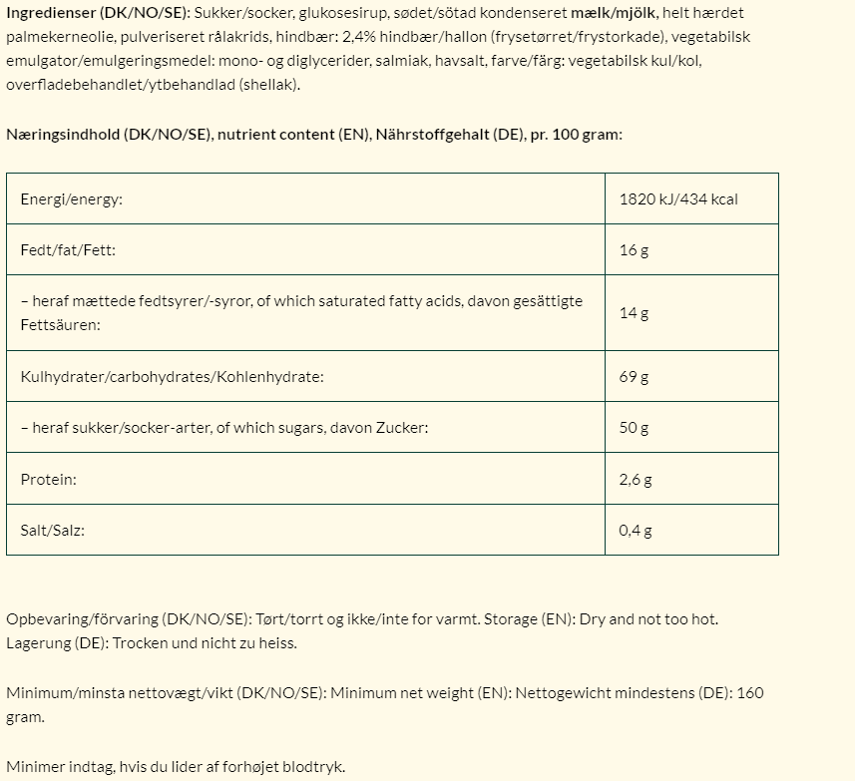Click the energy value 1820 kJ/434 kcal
coord(678,199)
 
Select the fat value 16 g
coord(634,249)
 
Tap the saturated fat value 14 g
coord(634,313)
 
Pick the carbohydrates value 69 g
coord(634,377)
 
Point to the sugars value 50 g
coord(634,428)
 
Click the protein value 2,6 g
coord(636,480)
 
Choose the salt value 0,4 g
coord(636,531)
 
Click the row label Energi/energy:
coord(71,199)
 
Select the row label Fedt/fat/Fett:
coord(68,249)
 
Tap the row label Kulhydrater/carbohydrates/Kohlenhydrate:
coord(172,377)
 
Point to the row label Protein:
coord(48,480)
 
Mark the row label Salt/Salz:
coord(52,531)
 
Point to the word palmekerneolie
coord(56,37)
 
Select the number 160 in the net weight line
coord(750,692)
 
